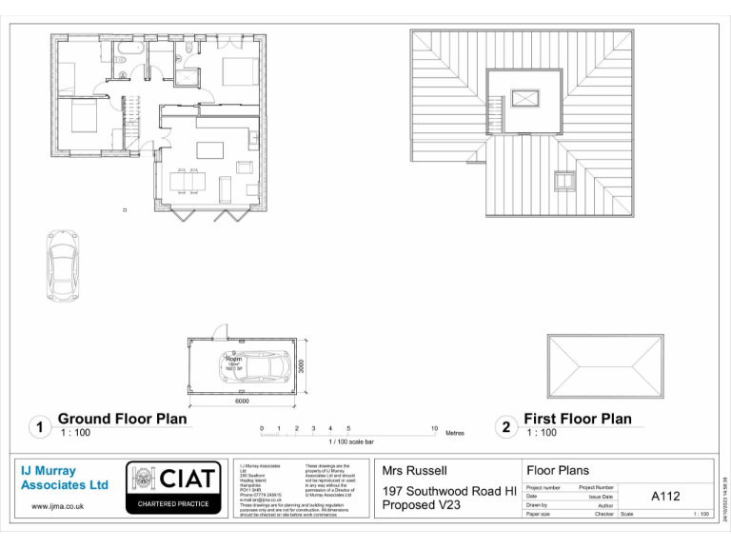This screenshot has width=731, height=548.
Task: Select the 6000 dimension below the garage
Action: [242, 401]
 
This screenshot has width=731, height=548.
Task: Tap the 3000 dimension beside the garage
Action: [301, 365]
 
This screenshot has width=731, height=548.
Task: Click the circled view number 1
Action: [38, 427]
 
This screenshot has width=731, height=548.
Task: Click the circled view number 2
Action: [505, 427]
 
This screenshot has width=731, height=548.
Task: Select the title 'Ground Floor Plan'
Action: [122, 419]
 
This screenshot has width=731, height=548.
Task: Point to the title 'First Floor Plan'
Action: [577, 419]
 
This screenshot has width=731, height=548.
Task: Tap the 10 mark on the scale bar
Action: [434, 429]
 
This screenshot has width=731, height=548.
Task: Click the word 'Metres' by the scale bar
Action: [455, 433]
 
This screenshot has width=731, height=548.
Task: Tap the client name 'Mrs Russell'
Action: [414, 470]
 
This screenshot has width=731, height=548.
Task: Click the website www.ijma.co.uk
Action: [58, 506]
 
